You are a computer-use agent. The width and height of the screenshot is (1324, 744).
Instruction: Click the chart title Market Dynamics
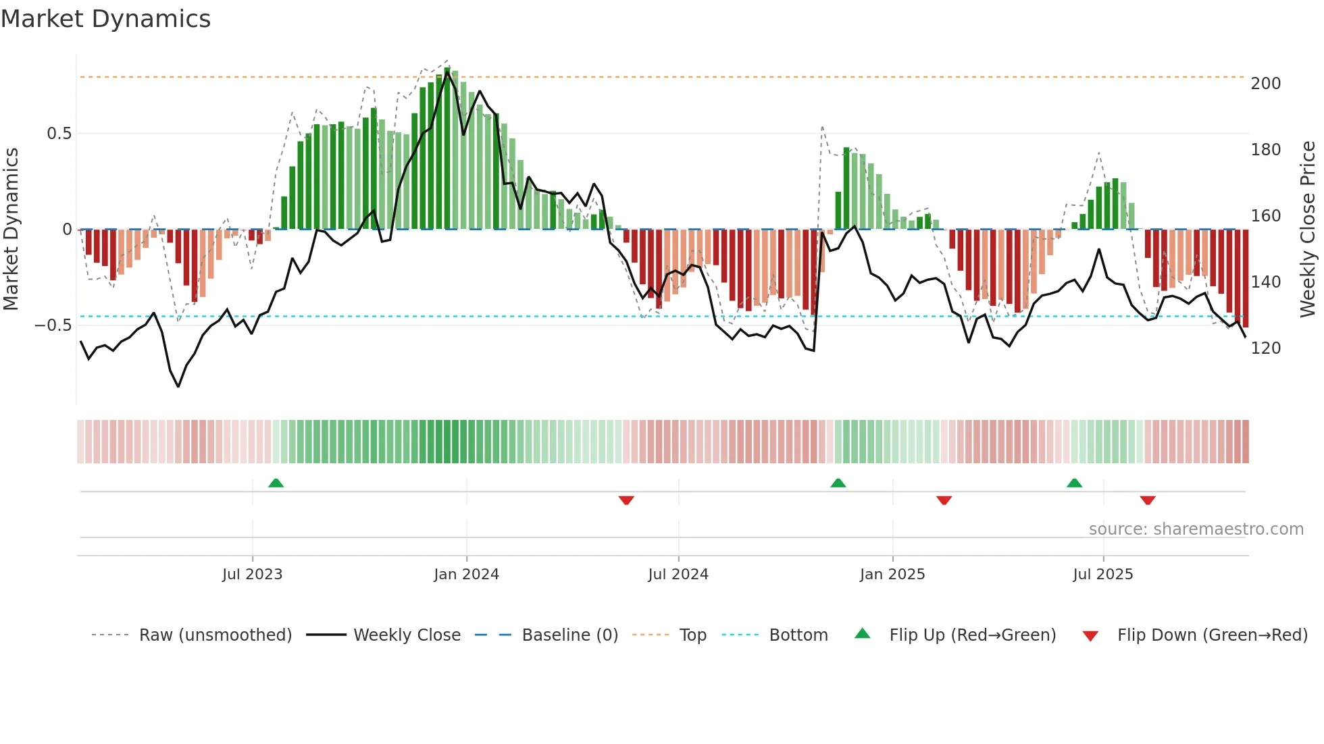[105, 19]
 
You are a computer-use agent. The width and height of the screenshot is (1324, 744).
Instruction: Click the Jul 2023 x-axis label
[252, 575]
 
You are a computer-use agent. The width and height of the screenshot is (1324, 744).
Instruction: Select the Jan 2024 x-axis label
[466, 575]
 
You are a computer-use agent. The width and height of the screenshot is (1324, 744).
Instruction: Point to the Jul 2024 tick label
[678, 575]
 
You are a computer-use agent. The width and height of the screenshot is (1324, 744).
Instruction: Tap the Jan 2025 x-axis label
[892, 575]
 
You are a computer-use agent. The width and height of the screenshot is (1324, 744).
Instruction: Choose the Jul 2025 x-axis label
[1103, 575]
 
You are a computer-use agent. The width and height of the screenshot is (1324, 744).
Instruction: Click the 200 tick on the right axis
[1265, 84]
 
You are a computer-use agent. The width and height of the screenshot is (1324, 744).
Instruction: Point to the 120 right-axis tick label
[1265, 348]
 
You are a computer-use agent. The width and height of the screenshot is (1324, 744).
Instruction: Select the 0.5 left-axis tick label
[59, 134]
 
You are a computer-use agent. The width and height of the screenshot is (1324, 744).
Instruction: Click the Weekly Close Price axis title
[1308, 229]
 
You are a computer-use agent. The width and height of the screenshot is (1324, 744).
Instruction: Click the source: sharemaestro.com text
[1196, 529]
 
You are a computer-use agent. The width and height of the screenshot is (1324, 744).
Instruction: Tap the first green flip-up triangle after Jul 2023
[276, 483]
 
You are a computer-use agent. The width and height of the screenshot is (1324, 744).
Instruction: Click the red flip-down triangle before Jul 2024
[626, 500]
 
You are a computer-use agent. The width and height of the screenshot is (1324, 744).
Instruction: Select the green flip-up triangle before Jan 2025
[838, 483]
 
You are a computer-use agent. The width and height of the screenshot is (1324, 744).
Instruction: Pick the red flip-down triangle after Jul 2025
[1148, 500]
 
